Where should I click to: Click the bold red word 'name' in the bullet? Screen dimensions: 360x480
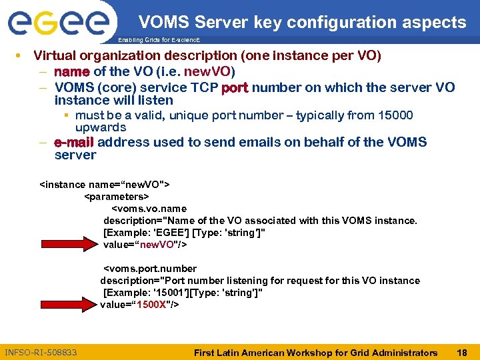(x=71, y=71)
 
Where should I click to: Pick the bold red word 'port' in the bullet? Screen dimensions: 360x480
(x=235, y=88)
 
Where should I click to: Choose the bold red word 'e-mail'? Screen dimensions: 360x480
(x=74, y=142)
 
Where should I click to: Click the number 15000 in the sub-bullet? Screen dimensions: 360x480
(x=396, y=115)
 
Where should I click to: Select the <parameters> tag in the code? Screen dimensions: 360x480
(x=116, y=197)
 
